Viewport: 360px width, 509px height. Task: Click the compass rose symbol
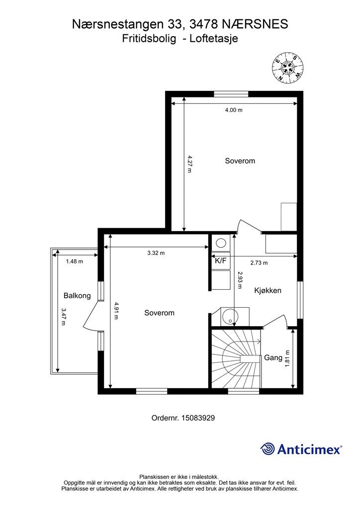[287, 68]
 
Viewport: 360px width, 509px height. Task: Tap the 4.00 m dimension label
[234, 110]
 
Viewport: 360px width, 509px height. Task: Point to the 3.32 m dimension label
[156, 253]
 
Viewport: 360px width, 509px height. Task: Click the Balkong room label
[77, 296]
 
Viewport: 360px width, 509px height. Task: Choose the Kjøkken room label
[268, 290]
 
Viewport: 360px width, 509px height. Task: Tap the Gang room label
[273, 358]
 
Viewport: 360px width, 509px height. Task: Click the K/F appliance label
[221, 260]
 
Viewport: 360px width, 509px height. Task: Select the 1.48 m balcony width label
[75, 261]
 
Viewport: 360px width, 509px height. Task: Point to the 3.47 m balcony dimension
[63, 317]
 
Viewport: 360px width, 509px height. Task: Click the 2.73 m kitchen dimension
[259, 263]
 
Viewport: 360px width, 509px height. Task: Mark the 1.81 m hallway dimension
[287, 358]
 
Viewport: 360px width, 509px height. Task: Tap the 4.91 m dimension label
[116, 311]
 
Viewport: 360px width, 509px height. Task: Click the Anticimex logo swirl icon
[267, 449]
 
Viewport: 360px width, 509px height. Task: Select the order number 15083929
[198, 418]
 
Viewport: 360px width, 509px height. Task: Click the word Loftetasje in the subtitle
[214, 39]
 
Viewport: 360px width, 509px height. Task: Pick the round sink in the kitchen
[230, 317]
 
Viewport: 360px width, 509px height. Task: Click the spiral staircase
[236, 358]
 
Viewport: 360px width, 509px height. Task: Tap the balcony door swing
[91, 317]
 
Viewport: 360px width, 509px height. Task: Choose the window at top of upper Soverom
[231, 94]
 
